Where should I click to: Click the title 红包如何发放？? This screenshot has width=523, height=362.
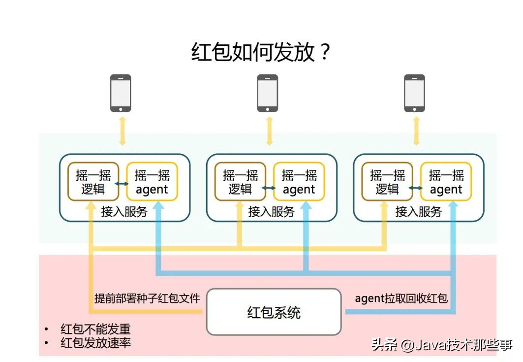261,52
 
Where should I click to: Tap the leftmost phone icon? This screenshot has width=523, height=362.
121,93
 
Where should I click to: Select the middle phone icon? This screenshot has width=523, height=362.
268,93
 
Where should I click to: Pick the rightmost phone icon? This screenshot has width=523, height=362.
414,93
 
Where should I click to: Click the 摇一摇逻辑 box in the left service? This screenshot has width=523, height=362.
93,182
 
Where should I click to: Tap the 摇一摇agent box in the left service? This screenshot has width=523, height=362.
152,182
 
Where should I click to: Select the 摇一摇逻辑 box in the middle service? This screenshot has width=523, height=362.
240,182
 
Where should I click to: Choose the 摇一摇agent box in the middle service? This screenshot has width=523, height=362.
299,182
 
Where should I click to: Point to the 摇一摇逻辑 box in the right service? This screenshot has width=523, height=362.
387,182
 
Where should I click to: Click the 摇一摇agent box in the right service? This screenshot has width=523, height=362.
446,182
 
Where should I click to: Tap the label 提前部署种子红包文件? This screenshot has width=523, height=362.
147,298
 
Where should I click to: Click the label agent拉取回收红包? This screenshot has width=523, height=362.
401,298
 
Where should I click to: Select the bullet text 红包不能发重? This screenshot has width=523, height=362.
95,329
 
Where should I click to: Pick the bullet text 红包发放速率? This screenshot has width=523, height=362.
95,343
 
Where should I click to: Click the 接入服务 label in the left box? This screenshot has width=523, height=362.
124,212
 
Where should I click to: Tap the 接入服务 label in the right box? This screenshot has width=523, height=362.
419,212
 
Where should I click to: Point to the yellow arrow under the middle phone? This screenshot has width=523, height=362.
269,132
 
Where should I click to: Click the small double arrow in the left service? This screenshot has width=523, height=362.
122,183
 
